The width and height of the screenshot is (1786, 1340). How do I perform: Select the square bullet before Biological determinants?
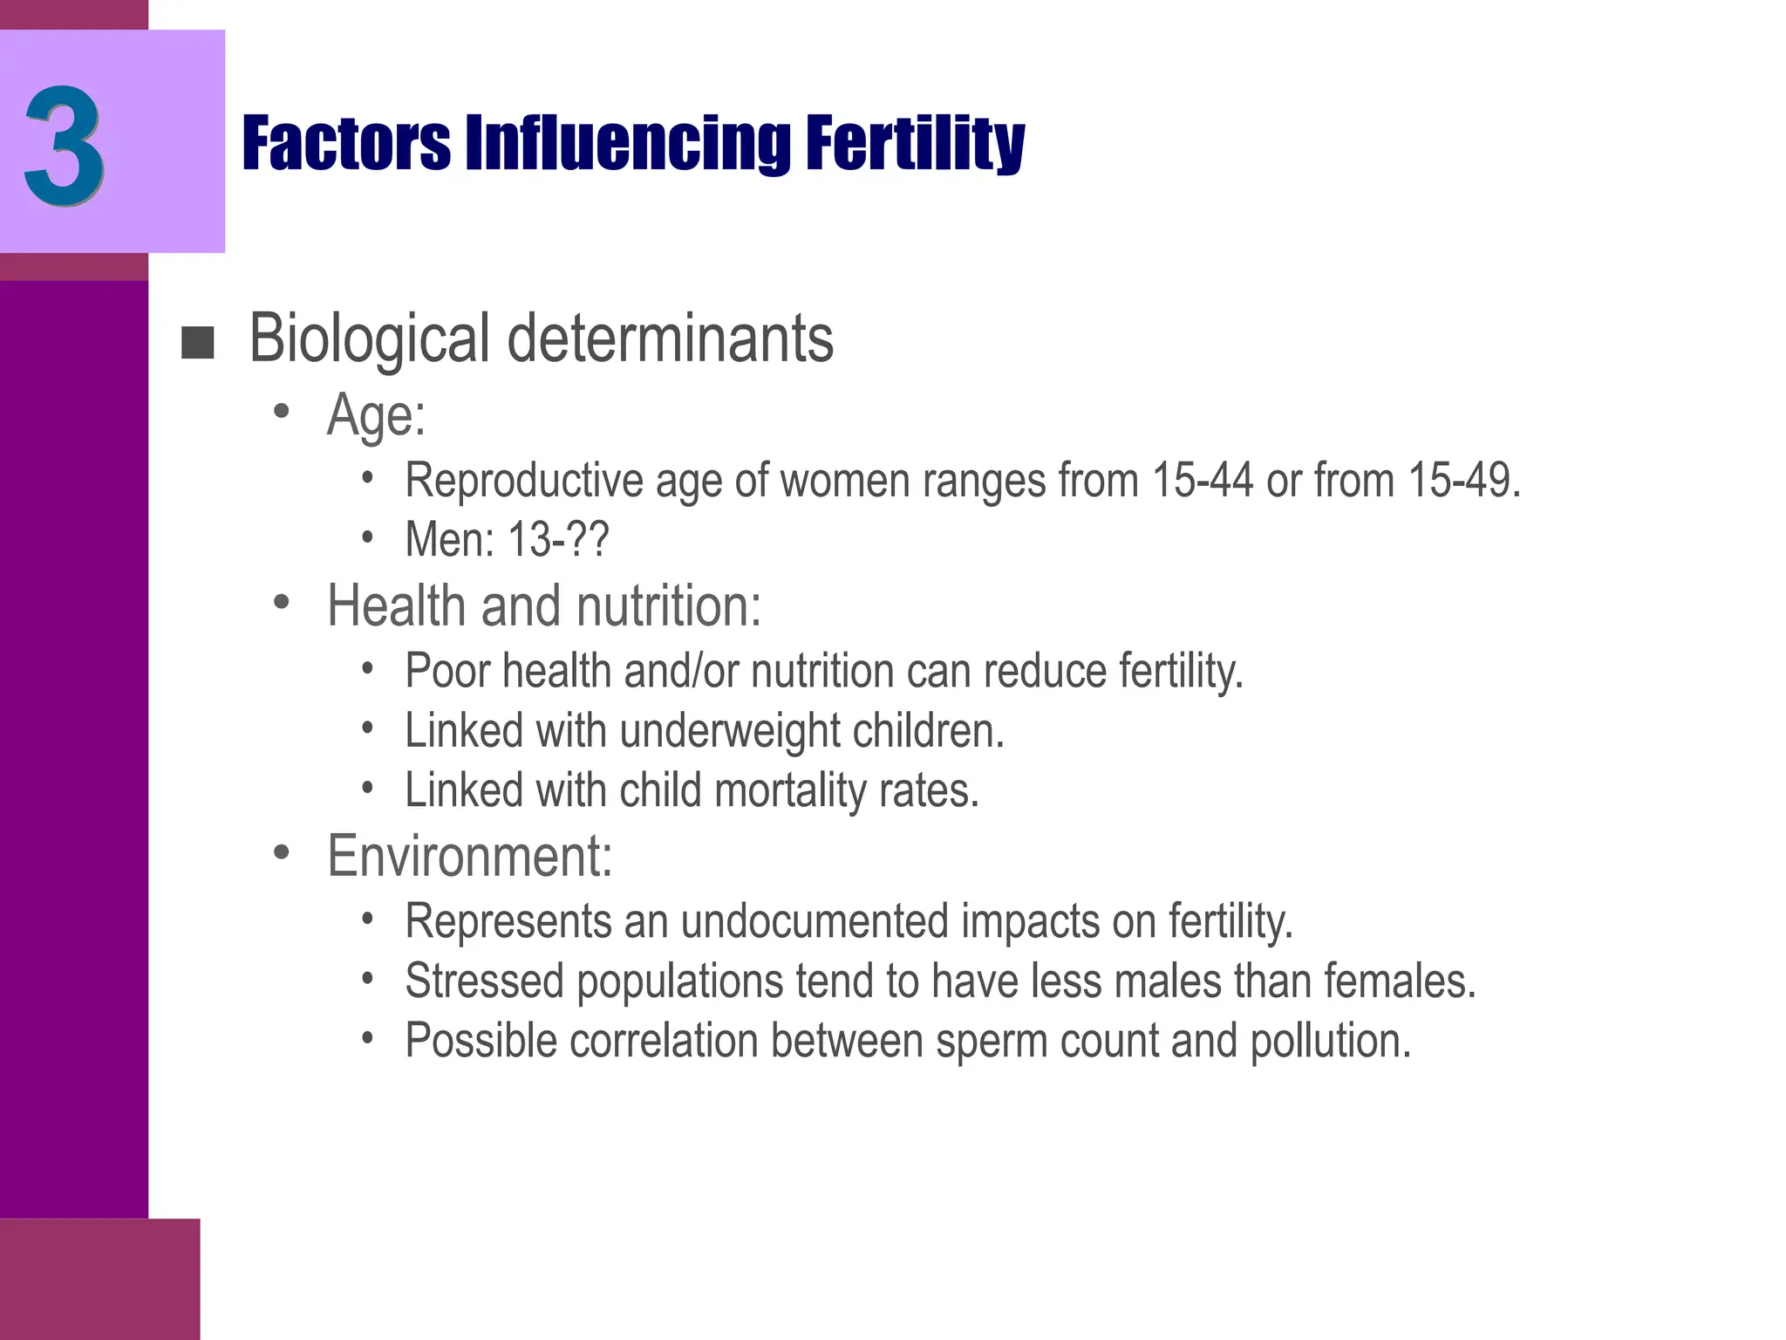click(x=197, y=343)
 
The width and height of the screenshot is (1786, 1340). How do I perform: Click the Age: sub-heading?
click(x=376, y=415)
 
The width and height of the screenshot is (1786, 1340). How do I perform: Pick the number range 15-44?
click(x=1203, y=481)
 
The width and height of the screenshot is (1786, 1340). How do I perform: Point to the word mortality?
click(x=790, y=790)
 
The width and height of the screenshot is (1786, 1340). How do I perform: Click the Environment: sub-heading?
click(x=469, y=856)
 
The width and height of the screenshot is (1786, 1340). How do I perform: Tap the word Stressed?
click(x=485, y=981)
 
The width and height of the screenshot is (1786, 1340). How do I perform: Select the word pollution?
click(x=1330, y=1042)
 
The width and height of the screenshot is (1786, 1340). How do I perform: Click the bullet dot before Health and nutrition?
click(x=281, y=602)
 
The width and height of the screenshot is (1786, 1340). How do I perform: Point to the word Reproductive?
click(x=524, y=481)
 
